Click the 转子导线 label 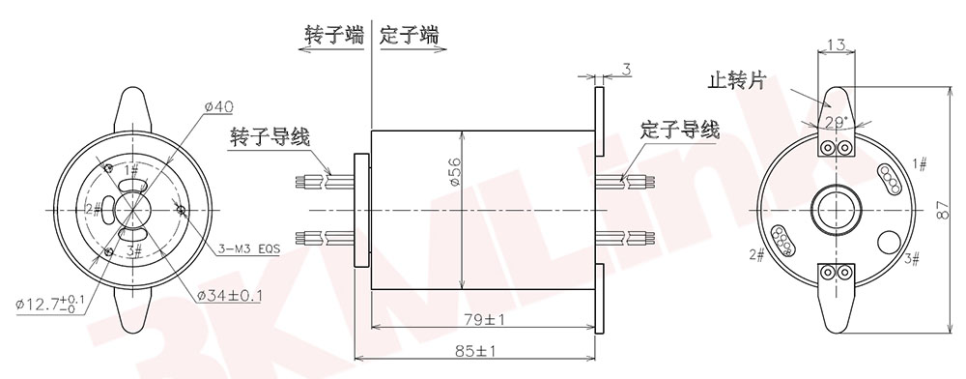coord(270,136)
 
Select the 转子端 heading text coord(333,36)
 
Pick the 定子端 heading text coord(410,36)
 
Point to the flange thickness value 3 coord(626,70)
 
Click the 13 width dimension coord(838,45)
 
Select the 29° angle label coord(837,122)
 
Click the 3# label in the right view coord(910,258)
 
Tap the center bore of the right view coord(837,208)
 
